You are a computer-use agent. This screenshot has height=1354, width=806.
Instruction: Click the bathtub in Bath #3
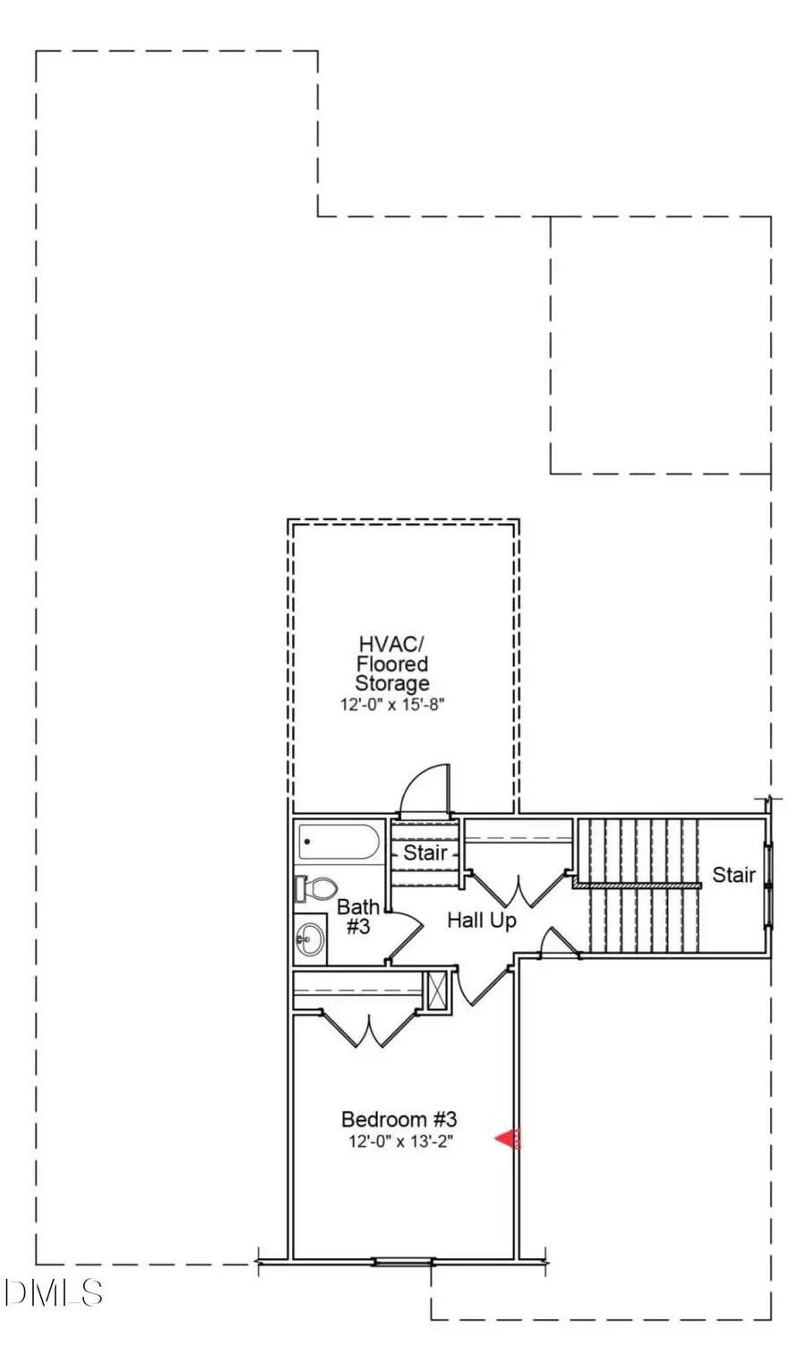point(339,842)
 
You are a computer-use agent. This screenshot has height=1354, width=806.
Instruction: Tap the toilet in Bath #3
point(315,889)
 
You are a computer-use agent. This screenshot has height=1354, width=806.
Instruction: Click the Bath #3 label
point(358,916)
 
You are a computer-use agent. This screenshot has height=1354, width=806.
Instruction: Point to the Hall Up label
point(482,921)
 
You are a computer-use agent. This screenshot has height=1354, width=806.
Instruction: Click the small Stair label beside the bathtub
point(425,853)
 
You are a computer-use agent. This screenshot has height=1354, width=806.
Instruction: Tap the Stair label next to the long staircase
point(734,875)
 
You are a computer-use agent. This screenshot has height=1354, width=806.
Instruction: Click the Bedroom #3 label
point(399,1119)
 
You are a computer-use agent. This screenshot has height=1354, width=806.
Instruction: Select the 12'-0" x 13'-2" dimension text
point(399,1141)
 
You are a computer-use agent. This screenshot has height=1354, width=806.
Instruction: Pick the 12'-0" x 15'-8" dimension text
point(392,704)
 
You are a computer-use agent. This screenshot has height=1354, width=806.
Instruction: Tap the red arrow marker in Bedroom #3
point(507,1139)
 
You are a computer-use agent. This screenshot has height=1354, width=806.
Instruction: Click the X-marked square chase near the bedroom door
point(436,990)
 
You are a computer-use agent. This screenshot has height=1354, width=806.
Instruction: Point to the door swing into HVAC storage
point(424,790)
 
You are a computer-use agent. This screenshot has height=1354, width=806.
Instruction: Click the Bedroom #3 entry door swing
point(483,986)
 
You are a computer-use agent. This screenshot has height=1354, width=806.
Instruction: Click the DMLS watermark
point(53,1292)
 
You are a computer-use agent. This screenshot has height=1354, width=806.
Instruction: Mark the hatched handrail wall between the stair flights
point(638,885)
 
